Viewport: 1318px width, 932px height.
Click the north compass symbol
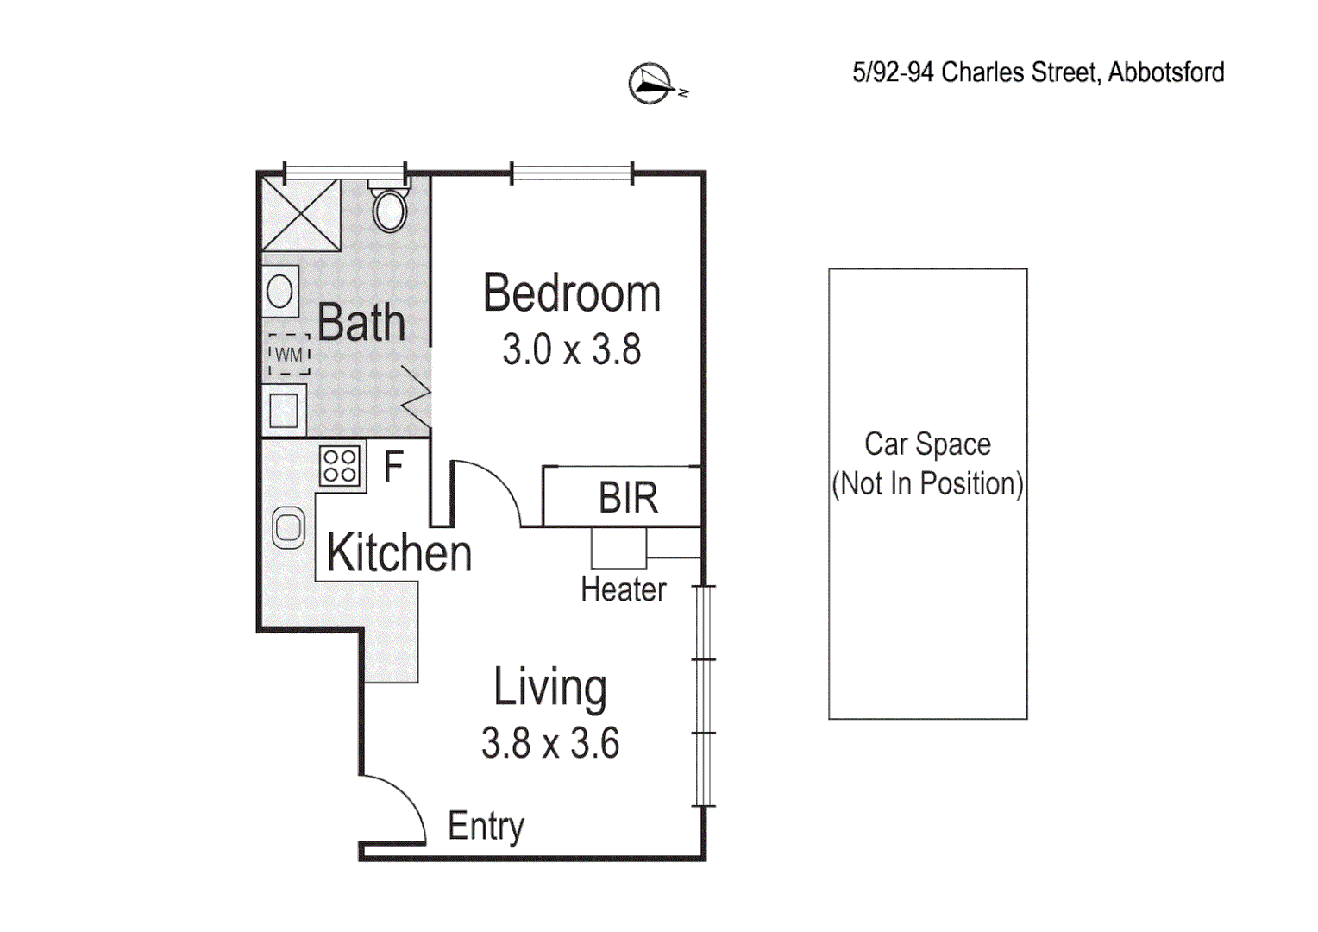click(x=650, y=84)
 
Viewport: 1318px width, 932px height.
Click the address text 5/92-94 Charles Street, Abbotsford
click(x=1038, y=72)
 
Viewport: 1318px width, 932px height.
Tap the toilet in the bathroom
click(x=390, y=208)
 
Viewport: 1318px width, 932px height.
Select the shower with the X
click(x=301, y=215)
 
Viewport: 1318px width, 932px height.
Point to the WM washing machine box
click(x=289, y=355)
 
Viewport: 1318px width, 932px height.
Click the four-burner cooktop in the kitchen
click(x=340, y=467)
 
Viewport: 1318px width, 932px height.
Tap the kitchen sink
click(x=288, y=528)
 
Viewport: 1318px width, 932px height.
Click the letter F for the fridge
click(x=393, y=468)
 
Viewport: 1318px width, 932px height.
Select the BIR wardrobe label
click(x=628, y=498)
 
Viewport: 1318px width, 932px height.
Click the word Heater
click(x=623, y=590)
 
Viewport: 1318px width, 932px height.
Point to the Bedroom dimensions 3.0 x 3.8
click(x=572, y=350)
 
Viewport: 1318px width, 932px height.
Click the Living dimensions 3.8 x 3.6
click(x=550, y=744)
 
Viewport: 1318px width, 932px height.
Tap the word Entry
click(x=486, y=827)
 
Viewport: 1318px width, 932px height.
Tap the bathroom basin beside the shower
click(x=280, y=291)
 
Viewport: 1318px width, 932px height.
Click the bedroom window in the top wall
click(x=572, y=173)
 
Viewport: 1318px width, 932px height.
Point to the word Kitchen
click(x=399, y=553)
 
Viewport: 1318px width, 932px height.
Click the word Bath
click(x=361, y=323)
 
